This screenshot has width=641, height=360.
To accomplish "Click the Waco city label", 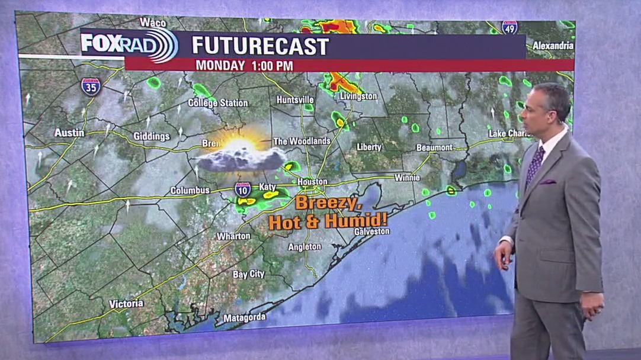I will click(153, 22).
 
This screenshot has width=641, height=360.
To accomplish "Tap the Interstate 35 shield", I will click(91, 86).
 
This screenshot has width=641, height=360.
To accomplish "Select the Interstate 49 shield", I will click(509, 27).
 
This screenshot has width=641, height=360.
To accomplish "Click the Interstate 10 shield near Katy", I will click(242, 189).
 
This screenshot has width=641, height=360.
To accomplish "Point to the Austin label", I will click(69, 133).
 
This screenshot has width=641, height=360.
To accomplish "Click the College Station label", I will click(218, 103).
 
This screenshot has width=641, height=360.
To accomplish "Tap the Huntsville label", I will click(295, 99).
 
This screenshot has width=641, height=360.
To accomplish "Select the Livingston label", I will click(358, 96).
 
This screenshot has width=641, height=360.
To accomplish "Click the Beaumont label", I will click(434, 147).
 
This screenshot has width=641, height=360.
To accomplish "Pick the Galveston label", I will click(371, 232).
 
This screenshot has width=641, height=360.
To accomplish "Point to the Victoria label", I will click(126, 304).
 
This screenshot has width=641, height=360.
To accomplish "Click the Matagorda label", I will click(245, 319).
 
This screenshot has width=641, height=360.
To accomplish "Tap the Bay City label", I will click(249, 275).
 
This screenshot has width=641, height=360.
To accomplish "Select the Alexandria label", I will click(553, 45).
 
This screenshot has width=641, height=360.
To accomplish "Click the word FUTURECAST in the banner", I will click(260, 46).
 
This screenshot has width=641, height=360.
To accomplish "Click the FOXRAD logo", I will click(129, 44).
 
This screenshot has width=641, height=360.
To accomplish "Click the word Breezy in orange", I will click(328, 203).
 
